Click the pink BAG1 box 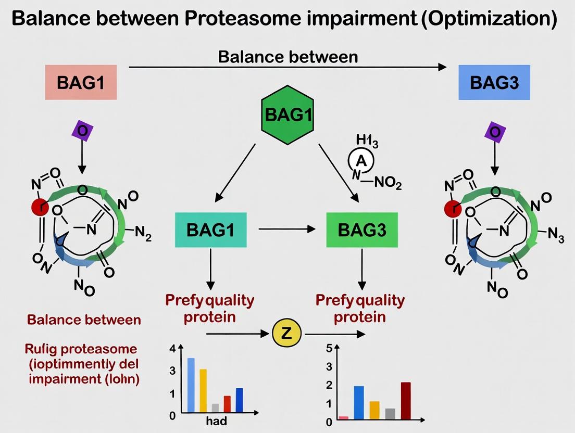click(80, 82)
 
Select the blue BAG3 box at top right click(494, 82)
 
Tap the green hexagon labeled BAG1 click(288, 114)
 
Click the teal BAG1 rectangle click(210, 230)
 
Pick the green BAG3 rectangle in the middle click(361, 230)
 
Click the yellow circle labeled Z click(286, 334)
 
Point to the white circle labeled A click(361, 162)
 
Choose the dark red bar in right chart click(406, 400)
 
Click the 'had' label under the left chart click(216, 421)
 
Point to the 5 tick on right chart click(329, 349)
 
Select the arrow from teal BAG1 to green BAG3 click(286, 229)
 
